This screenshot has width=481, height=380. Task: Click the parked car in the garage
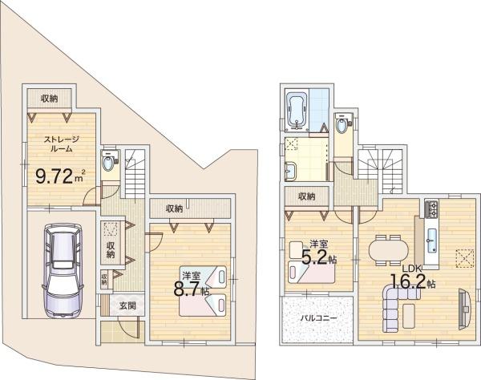[x=63, y=270]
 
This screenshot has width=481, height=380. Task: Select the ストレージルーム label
[x=62, y=144]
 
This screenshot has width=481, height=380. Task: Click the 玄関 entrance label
[x=127, y=305]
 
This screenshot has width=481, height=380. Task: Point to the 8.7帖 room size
[x=192, y=289]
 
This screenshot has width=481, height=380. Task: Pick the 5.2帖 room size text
[x=319, y=257]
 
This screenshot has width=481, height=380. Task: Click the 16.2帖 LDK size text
[x=413, y=281]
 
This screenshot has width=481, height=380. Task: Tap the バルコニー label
[x=318, y=318]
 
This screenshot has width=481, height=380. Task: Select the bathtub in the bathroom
[x=297, y=111]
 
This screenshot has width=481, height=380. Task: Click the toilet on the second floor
[x=342, y=124]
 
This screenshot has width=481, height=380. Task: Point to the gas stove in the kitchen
[x=431, y=209]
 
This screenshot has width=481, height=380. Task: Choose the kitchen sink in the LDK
[x=431, y=241]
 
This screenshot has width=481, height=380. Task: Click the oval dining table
[x=388, y=250]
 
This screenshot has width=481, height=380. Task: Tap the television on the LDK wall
[x=464, y=309]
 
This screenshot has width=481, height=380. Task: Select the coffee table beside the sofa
[x=409, y=316]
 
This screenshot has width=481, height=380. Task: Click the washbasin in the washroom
[x=290, y=172]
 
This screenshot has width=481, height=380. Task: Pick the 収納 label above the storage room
[x=50, y=98]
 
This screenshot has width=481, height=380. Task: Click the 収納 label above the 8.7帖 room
[x=175, y=208]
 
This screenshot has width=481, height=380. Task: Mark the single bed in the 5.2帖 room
[x=311, y=273]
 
